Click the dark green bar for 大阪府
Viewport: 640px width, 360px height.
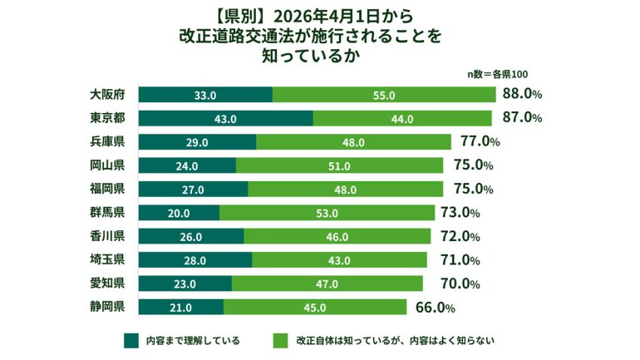204,95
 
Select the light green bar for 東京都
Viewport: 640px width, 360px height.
401,119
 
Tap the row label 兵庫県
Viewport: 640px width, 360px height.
107,141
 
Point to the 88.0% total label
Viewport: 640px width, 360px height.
523,94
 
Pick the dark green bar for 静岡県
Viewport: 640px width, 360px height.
180,308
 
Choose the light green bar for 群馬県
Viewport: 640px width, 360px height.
327,213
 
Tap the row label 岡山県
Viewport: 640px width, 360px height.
107,165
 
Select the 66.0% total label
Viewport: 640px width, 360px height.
435,308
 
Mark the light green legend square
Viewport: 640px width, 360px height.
279,339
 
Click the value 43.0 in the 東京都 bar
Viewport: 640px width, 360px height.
225,119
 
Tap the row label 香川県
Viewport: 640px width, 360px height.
107,235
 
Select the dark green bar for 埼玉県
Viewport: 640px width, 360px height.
194,260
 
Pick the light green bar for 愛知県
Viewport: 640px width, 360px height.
327,284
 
